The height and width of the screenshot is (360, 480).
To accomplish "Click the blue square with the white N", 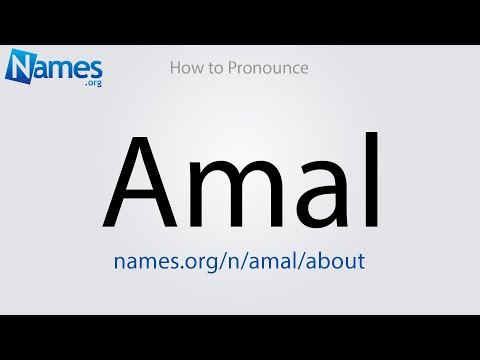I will pos(24,68).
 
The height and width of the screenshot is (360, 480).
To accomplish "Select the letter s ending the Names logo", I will pos(95,68).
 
